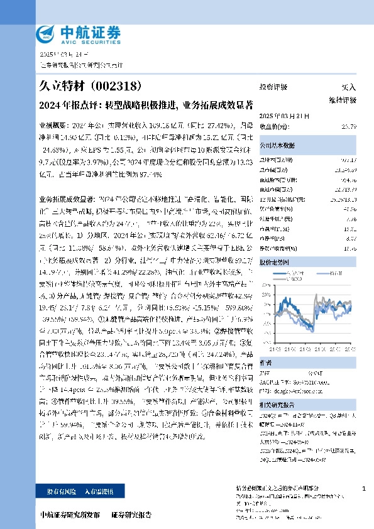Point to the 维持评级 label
343,100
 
